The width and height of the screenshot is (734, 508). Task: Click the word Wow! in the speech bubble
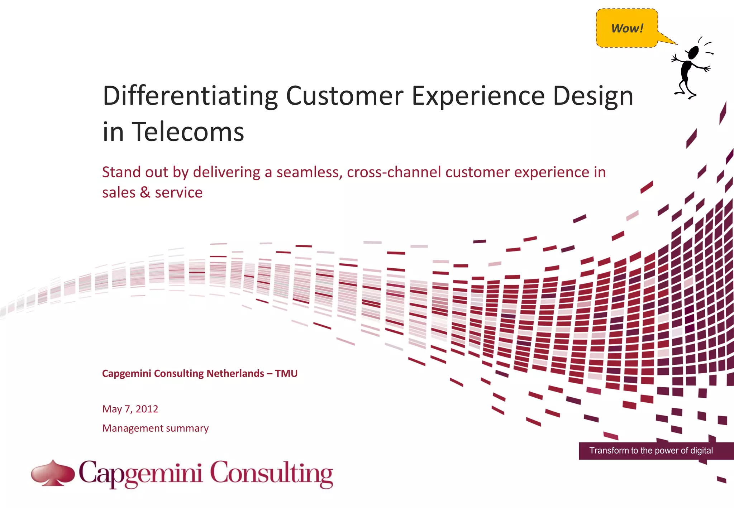627,28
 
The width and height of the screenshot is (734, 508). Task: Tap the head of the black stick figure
694,53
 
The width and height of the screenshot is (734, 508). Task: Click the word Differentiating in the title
190,96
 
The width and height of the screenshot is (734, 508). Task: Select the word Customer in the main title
345,96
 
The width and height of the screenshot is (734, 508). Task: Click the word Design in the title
593,96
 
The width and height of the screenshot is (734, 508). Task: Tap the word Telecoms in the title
189,132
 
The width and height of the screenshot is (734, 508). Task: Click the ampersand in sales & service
145,192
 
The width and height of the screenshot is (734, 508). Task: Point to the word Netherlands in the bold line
235,373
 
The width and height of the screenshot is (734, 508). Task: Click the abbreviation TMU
286,373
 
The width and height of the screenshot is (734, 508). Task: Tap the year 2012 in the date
147,409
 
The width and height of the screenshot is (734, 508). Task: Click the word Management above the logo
133,428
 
